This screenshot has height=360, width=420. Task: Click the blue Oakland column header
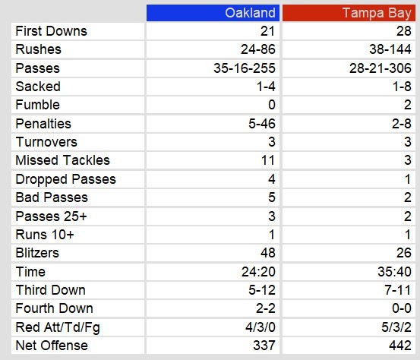(x=213, y=13)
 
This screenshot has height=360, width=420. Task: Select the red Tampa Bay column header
(x=349, y=13)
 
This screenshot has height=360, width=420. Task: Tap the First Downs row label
(x=51, y=31)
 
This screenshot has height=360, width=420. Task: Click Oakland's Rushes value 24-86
(x=257, y=49)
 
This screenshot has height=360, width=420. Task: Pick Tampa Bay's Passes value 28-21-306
(x=380, y=68)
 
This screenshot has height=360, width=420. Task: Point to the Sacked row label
(x=38, y=87)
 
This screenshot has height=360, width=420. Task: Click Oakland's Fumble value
(x=272, y=105)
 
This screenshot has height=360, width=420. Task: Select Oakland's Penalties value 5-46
(x=262, y=124)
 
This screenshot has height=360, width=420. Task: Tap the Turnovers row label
(x=46, y=142)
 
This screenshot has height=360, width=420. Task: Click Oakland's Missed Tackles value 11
(x=268, y=160)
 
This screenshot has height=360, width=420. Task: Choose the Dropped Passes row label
(x=65, y=179)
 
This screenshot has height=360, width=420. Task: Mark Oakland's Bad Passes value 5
(x=272, y=197)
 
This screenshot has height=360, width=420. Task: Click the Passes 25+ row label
(x=51, y=216)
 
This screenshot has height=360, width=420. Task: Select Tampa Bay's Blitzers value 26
(x=403, y=253)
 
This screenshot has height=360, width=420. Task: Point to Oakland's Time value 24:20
(x=258, y=272)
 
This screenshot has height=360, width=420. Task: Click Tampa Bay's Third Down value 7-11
(x=397, y=290)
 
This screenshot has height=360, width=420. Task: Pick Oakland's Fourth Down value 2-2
(x=266, y=308)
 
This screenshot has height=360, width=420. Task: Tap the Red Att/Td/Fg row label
(x=58, y=327)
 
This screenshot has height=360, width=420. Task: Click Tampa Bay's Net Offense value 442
(x=400, y=346)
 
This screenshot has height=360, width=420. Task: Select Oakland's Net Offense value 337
(x=264, y=346)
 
